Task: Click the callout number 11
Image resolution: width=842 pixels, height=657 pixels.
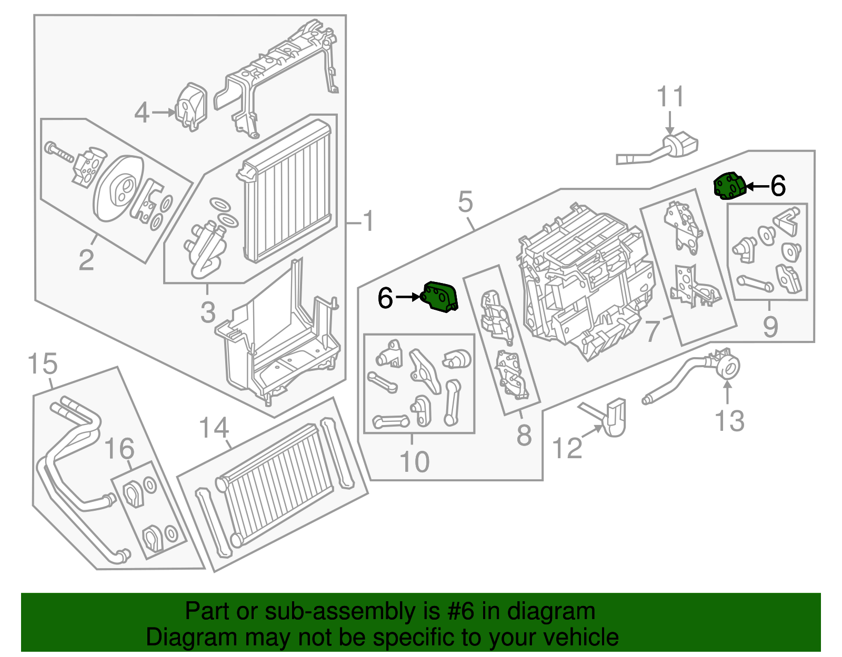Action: [670, 97]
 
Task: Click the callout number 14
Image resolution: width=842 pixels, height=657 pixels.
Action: [214, 428]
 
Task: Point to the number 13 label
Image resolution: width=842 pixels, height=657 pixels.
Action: [730, 421]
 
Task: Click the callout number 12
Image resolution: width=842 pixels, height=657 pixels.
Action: [567, 448]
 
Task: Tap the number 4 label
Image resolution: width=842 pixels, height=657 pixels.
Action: [142, 113]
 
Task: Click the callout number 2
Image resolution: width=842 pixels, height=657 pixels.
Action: [86, 260]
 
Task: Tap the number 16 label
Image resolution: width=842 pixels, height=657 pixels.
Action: [119, 449]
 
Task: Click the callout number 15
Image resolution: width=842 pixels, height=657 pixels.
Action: [42, 364]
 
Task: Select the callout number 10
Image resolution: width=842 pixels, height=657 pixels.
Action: [414, 462]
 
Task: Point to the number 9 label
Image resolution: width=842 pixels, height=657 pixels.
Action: [770, 327]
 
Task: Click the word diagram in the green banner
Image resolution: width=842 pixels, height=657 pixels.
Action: [551, 611]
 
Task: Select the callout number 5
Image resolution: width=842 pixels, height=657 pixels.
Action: [465, 201]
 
